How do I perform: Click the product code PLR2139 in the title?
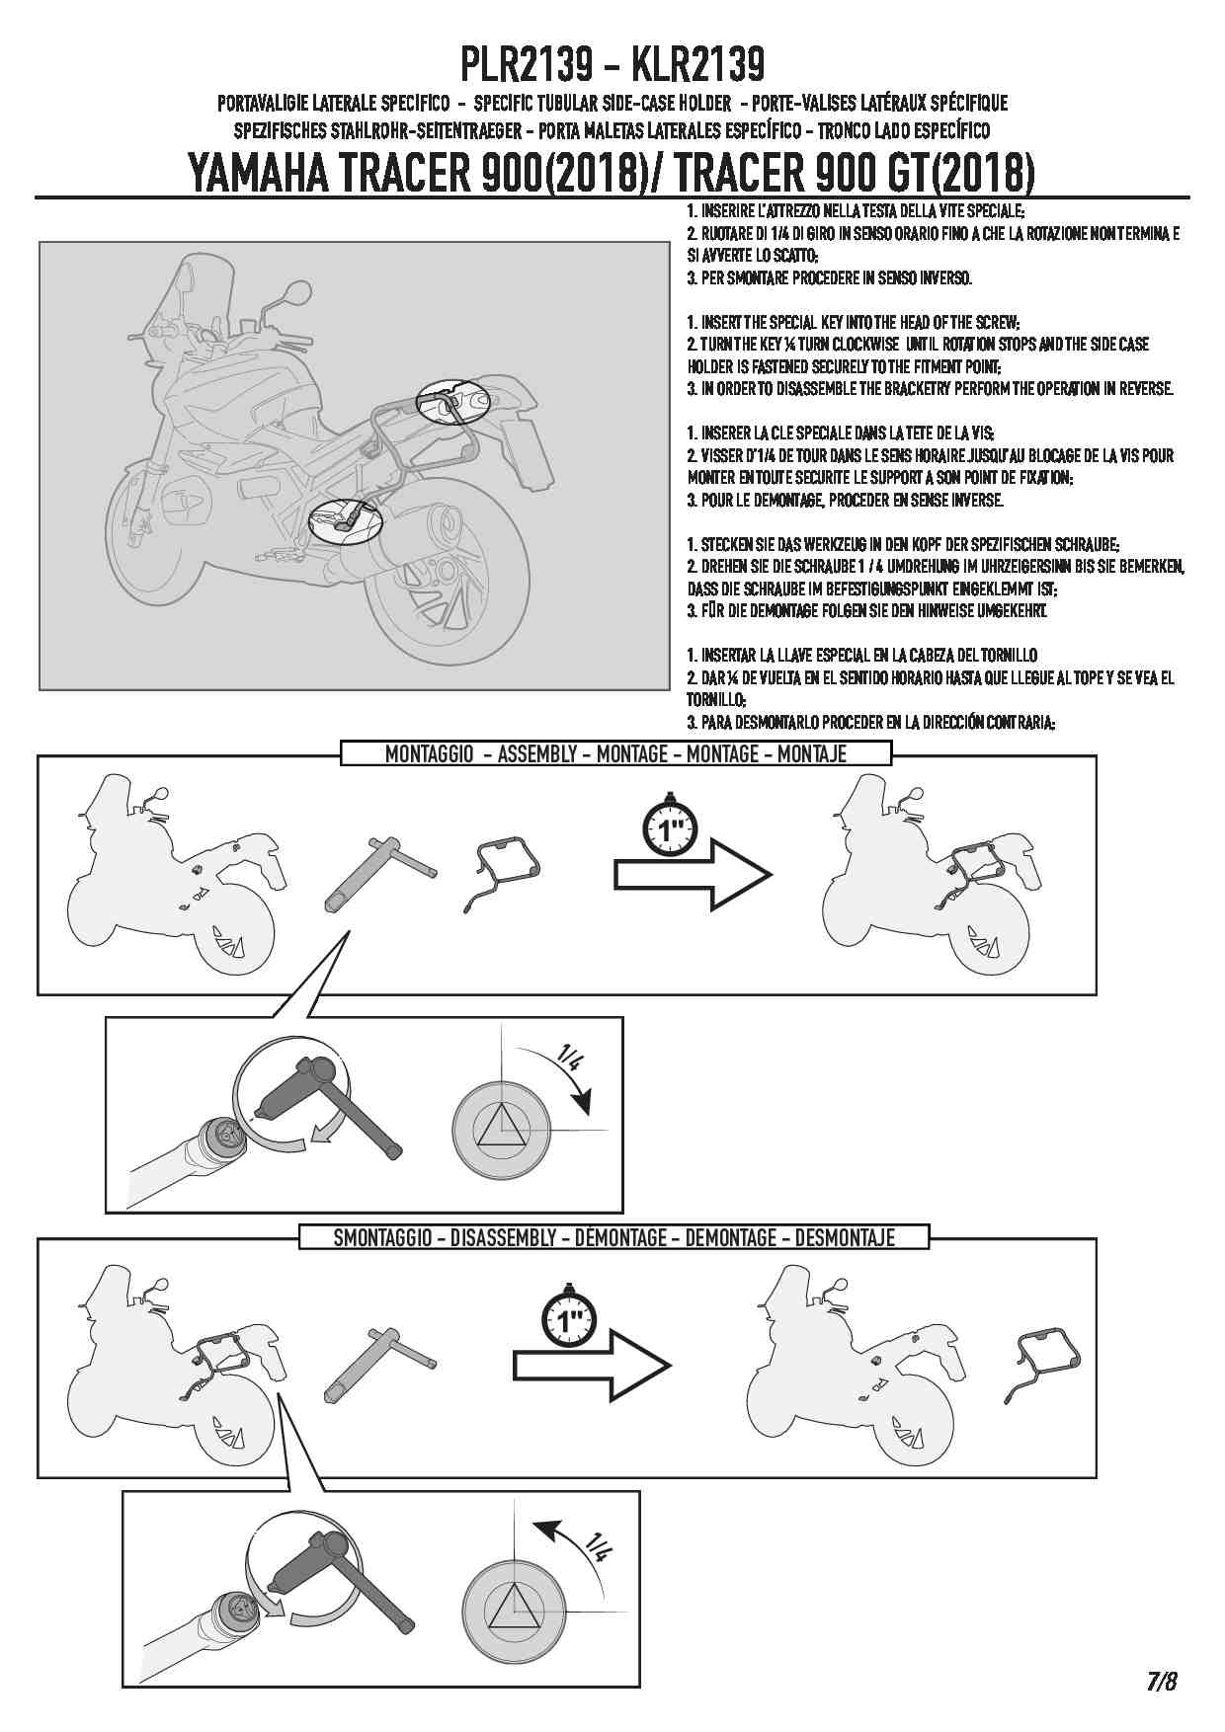click(527, 65)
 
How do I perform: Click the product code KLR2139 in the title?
click(696, 65)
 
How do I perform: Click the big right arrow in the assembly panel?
click(694, 875)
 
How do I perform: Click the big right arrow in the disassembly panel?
click(593, 1366)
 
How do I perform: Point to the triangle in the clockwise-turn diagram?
click(502, 1125)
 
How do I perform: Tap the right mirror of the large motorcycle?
click(293, 291)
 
